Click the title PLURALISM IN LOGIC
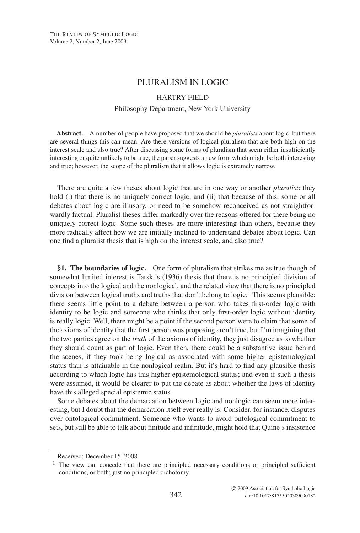pyautogui.click(x=182, y=82)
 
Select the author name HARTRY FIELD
pyautogui.click(x=182, y=97)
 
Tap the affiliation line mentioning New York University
pyautogui.click(x=182, y=109)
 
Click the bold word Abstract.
pyautogui.click(x=70, y=134)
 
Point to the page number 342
pyautogui.click(x=176, y=495)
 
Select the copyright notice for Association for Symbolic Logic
pyautogui.click(x=273, y=489)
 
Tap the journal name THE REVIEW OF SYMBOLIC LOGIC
pyautogui.click(x=94, y=34)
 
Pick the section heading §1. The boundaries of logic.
pyautogui.click(x=102, y=268)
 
